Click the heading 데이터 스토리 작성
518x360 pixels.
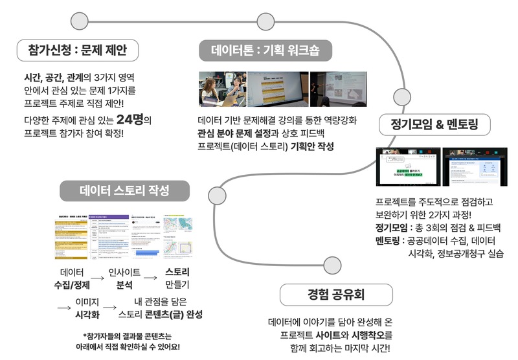pos(125,191)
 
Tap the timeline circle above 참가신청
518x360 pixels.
pos(79,21)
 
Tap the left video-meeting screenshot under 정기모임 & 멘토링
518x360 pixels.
pos(407,167)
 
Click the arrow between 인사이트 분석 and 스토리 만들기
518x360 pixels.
pos(150,277)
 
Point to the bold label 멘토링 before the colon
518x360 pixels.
pos(389,241)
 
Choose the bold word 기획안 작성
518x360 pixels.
pos(313,146)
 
